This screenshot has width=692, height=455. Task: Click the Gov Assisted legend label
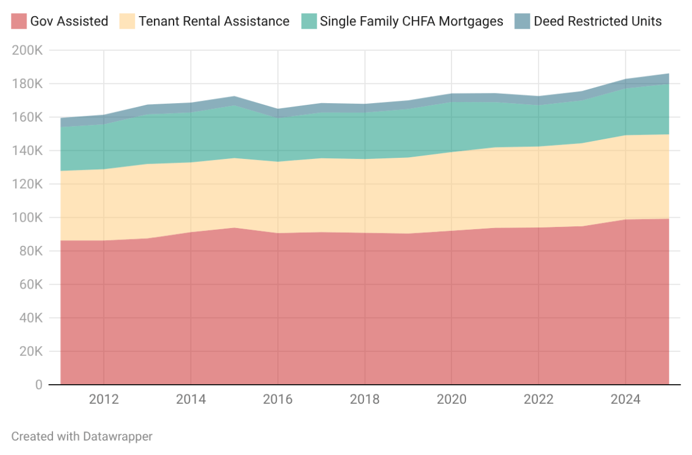coord(69,21)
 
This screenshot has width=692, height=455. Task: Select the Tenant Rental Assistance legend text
coord(213,21)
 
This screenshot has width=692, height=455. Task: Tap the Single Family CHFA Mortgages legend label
coord(411,21)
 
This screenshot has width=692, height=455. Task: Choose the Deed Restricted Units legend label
coord(597,21)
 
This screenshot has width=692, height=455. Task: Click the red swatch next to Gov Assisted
coord(18,21)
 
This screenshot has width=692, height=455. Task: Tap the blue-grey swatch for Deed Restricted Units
coord(522,21)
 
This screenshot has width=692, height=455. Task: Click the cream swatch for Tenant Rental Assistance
coord(127,21)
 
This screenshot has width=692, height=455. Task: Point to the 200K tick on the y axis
coord(27,51)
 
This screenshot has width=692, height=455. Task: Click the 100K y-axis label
coord(27,218)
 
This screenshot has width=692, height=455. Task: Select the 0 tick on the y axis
coord(38,385)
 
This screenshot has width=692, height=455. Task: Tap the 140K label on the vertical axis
coord(27,151)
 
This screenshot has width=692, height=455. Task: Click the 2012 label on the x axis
coord(104,400)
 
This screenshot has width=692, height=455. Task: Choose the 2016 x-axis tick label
coord(278,400)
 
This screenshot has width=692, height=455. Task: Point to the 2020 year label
coord(452,400)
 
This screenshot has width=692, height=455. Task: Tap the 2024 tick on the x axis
coord(625,400)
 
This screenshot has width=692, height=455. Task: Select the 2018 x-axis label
coord(364,400)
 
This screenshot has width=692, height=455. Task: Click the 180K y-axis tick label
coord(27,84)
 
